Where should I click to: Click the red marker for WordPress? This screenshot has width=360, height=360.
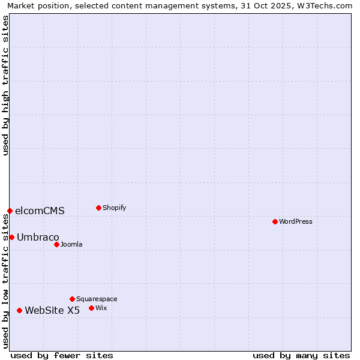275,221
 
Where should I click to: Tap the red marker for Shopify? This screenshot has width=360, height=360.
98,208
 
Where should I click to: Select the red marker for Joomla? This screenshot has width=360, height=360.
56,244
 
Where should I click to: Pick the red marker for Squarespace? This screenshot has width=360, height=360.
72,299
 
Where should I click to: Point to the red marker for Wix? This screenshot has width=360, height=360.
91,308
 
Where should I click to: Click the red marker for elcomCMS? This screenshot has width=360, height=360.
10,211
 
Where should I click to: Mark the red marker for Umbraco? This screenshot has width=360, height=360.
11,237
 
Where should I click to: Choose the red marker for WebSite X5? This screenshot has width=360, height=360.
19,310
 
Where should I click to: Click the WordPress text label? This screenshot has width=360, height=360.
296,221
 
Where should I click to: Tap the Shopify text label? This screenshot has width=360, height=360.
114,208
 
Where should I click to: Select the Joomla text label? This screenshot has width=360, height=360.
71,244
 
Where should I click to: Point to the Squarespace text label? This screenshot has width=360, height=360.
97,299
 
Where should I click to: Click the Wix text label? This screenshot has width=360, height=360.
101,308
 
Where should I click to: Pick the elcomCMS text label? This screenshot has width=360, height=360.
40,211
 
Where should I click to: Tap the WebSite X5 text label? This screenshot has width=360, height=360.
52,310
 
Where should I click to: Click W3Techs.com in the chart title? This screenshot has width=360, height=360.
327,6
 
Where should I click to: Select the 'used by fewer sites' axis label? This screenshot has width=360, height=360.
62,355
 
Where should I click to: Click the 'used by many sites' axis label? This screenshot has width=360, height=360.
301,355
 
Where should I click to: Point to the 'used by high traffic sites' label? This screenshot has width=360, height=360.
6,85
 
